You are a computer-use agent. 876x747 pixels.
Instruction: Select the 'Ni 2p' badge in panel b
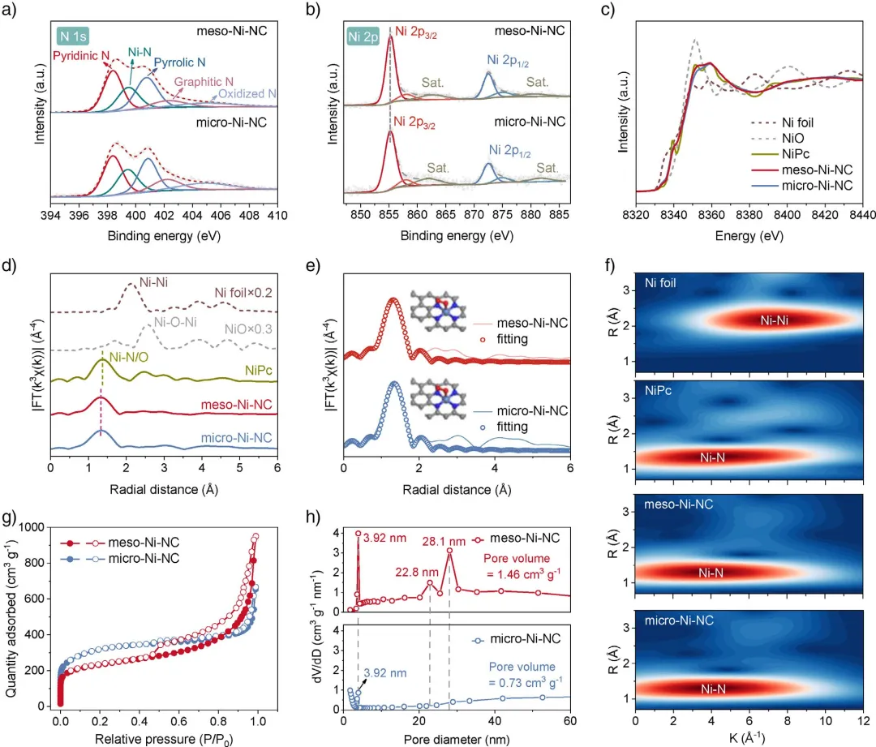coord(363,36)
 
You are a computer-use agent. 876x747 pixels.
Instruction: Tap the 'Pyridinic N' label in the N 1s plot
coord(82,57)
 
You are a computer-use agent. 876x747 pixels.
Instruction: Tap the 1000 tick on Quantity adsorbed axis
coord(39,527)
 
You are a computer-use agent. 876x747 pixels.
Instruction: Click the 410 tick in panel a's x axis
coord(277,215)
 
